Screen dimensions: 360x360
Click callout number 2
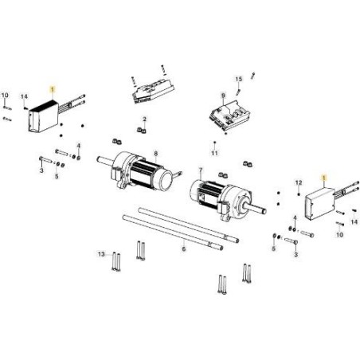pos(144,119)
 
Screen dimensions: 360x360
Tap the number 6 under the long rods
pos(184,249)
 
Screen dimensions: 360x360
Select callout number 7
pos(201,170)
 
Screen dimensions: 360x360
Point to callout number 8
pos(156,154)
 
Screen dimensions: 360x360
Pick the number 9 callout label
pos(223,95)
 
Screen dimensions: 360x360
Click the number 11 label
pos(214,153)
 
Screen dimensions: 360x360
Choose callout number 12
pos(299,182)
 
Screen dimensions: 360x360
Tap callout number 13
pos(101,254)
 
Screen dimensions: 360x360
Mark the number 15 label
pos(239,79)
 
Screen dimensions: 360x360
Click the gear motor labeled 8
pos(142,170)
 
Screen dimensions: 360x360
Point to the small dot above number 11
pos(215,143)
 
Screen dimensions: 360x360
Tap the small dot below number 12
pos(299,194)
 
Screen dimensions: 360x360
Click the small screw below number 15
pos(238,92)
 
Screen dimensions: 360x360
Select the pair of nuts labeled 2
pos(142,130)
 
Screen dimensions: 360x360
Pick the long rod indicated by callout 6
pos(173,233)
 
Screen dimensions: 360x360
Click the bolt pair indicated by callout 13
pos(116,262)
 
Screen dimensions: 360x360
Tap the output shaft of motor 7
pos(256,209)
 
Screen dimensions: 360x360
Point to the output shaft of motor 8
pos(105,160)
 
